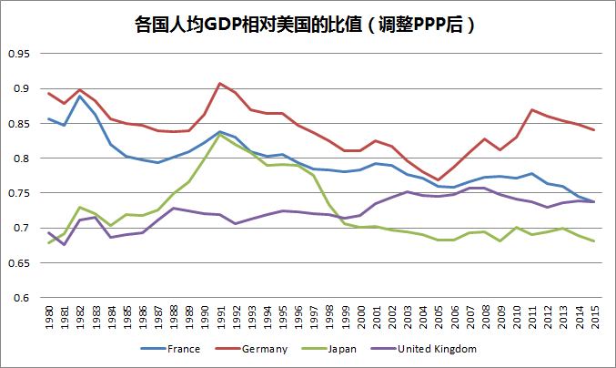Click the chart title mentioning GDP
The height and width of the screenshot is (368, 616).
[308, 25]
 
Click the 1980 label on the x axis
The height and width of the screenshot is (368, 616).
[49, 317]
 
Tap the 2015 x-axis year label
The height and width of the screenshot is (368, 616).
[594, 317]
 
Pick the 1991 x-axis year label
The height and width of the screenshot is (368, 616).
[220, 317]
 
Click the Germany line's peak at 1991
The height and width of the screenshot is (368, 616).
[220, 83]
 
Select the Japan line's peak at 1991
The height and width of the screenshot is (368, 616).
[220, 135]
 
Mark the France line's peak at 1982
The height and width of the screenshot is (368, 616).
[80, 96]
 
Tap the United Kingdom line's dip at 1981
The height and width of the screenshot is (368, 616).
[65, 244]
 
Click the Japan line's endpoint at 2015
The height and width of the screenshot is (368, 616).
[594, 241]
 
